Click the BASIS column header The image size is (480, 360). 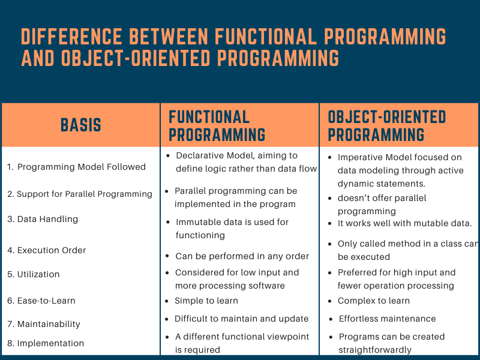[81, 125]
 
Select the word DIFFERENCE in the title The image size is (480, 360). [72, 37]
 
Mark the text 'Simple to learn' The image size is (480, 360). [206, 301]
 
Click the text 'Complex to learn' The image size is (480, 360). [374, 301]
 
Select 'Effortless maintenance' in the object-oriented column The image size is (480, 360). [387, 319]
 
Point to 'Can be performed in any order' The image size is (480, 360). [242, 256]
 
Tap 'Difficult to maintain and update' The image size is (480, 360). [242, 319]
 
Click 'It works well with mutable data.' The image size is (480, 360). [404, 223]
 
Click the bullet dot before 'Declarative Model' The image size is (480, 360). [168, 156]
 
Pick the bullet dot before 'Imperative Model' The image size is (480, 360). [329, 158]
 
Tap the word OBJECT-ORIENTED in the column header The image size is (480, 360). [387, 117]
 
